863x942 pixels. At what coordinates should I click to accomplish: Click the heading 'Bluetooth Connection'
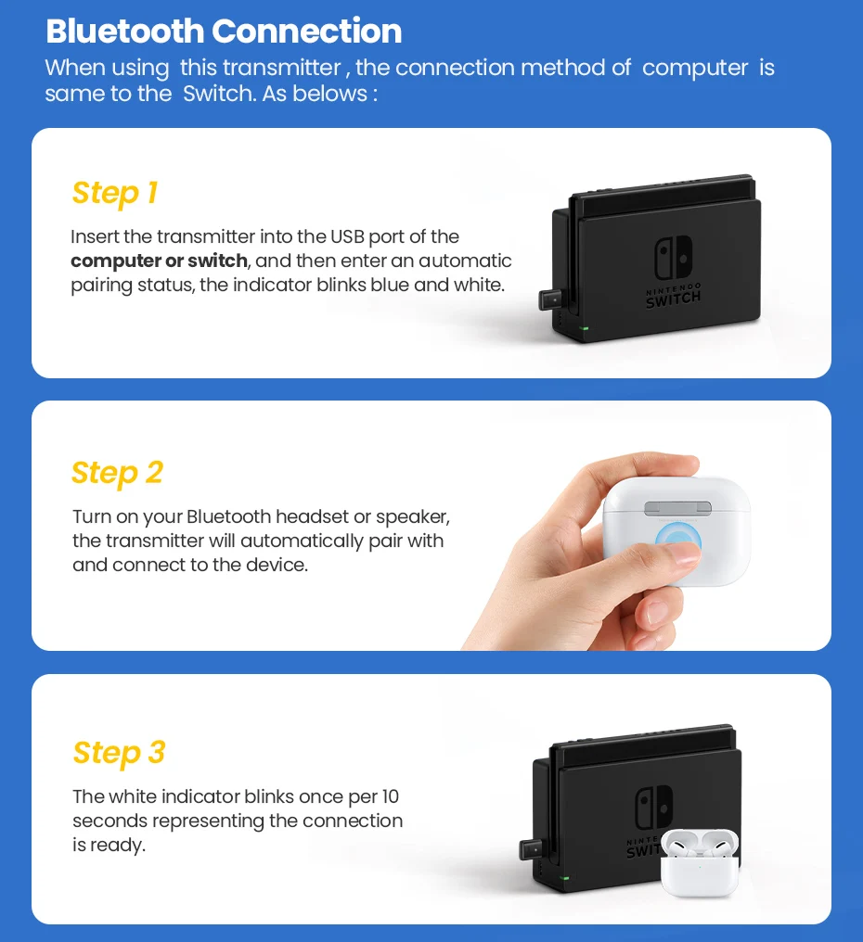coord(224,31)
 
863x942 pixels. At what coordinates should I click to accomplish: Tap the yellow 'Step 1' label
coord(115,193)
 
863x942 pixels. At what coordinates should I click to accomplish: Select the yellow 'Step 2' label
coord(117,473)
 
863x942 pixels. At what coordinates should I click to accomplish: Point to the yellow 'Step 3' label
coord(119,752)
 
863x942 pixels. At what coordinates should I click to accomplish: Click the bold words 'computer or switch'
coord(159,261)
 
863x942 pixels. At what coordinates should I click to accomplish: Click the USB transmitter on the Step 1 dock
coord(552,302)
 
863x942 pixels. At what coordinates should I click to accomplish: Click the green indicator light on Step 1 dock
coord(584,328)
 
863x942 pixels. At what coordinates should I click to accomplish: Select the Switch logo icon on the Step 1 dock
coord(673,257)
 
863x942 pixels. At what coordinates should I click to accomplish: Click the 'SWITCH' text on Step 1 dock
coord(674,299)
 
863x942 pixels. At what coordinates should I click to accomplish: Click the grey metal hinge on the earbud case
coord(676,508)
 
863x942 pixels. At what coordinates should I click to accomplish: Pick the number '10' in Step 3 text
coord(389,796)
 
